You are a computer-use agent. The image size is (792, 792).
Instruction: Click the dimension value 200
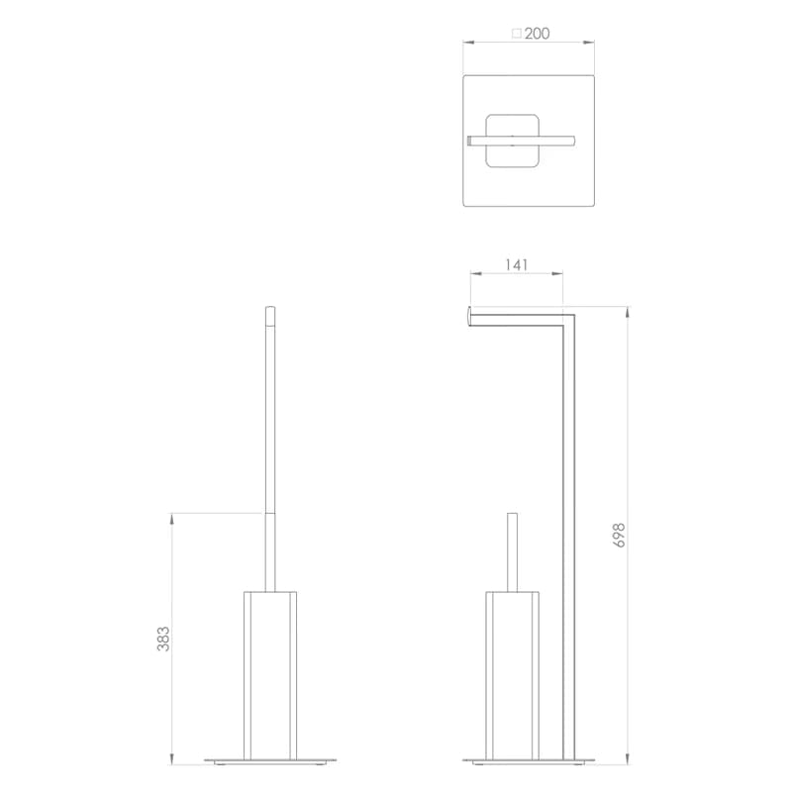pyautogui.click(x=537, y=34)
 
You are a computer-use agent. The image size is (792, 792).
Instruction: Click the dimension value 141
pyautogui.click(x=516, y=264)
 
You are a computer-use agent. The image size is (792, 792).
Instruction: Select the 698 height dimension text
pyautogui.click(x=620, y=535)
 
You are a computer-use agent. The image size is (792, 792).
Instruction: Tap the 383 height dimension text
pyautogui.click(x=163, y=639)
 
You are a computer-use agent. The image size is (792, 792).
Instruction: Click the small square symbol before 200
pyautogui.click(x=517, y=34)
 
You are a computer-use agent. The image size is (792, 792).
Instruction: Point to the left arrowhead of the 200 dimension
pyautogui.click(x=468, y=43)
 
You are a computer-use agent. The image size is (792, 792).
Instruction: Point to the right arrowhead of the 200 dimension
pyautogui.click(x=588, y=43)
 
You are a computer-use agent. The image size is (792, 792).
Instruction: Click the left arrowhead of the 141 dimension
pyautogui.click(x=476, y=274)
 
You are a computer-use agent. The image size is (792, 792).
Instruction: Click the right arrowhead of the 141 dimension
pyautogui.click(x=556, y=274)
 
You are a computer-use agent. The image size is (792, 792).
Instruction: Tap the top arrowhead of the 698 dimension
pyautogui.click(x=628, y=312)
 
